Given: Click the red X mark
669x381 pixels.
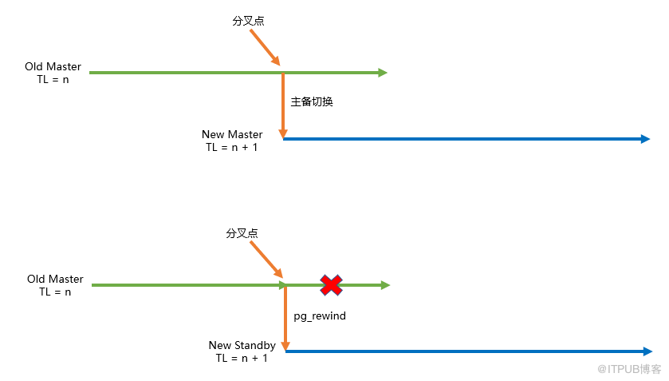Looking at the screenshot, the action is pos(331,285).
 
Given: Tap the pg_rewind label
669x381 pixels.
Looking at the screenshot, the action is pos(320,316).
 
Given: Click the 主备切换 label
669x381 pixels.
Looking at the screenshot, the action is pos(312,101).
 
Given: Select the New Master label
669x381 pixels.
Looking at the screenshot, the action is pos(232,134).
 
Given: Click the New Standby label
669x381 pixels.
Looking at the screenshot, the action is pos(242,345).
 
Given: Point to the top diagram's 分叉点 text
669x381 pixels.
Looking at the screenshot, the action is pos(248,21).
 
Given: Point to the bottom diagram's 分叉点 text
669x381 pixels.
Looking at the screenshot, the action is pos(242,233).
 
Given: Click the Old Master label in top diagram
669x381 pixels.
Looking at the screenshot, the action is pos(53,67).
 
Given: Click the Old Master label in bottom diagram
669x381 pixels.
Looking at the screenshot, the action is pos(55,280).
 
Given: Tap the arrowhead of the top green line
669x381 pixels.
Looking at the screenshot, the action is pos(383,73).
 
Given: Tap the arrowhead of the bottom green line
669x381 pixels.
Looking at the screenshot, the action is pos(385,285).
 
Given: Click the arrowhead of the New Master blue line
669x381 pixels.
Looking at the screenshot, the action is pos(645,139).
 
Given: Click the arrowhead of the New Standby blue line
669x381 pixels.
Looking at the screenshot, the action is pos(647,351).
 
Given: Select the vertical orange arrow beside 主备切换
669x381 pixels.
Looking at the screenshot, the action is pos(283,105).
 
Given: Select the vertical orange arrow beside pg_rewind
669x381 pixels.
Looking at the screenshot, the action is pos(286,318).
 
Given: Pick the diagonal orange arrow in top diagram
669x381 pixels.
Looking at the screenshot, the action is pos(265,47).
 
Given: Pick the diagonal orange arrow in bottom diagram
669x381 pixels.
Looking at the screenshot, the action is pos(266,260).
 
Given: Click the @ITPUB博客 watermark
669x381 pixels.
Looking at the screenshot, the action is pos(629,368).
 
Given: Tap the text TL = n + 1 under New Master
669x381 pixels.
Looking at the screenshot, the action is pos(232,148).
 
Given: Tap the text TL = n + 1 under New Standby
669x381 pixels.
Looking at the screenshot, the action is pos(242,359).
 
